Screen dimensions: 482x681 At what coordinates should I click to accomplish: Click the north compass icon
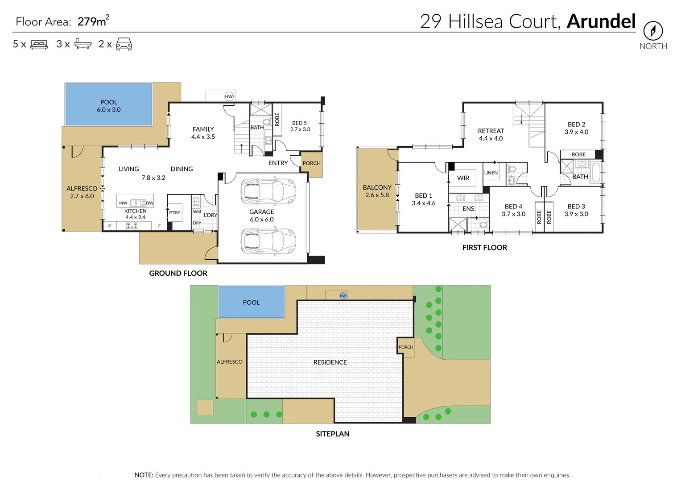pyautogui.click(x=653, y=31)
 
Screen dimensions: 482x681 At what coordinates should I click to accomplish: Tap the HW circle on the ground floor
pyautogui.click(x=229, y=96)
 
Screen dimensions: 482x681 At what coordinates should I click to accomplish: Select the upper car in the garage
pyautogui.click(x=268, y=191)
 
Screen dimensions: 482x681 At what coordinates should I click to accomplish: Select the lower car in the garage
pyautogui.click(x=268, y=241)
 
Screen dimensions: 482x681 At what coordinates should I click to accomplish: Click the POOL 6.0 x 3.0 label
pyautogui.click(x=109, y=106)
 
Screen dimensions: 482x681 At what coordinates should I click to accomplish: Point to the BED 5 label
pyautogui.click(x=300, y=126)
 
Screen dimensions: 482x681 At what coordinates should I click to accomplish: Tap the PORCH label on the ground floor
pyautogui.click(x=311, y=163)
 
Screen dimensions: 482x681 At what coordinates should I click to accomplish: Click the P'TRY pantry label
pyautogui.click(x=175, y=212)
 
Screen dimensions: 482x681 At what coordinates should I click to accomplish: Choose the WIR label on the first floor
pyautogui.click(x=463, y=178)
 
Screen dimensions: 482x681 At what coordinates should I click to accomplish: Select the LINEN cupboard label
pyautogui.click(x=491, y=173)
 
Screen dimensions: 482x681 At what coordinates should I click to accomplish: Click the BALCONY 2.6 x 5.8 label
pyautogui.click(x=377, y=191)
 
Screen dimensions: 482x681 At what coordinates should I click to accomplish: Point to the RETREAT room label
pyautogui.click(x=491, y=134)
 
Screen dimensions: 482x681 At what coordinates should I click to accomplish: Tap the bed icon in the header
pyautogui.click(x=39, y=45)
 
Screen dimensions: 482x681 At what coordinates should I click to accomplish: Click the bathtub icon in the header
pyautogui.click(x=83, y=44)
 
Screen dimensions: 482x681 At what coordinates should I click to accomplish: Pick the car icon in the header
pyautogui.click(x=124, y=44)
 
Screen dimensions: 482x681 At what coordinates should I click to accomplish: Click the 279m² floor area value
pyautogui.click(x=93, y=21)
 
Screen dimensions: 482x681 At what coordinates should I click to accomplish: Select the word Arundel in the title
pyautogui.click(x=601, y=21)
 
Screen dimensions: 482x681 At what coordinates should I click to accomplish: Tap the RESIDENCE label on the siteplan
pyautogui.click(x=330, y=362)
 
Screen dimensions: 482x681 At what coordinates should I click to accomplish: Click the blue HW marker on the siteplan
pyautogui.click(x=343, y=295)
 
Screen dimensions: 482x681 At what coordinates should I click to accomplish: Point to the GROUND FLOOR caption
pyautogui.click(x=178, y=273)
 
